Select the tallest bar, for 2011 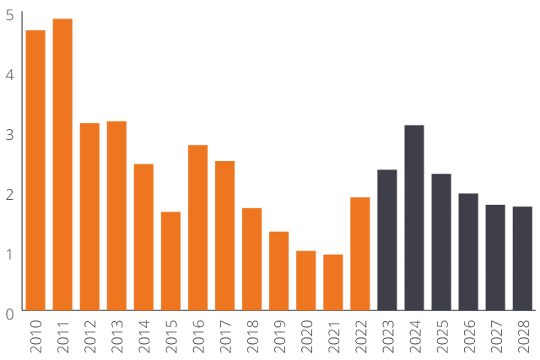(x=62, y=164)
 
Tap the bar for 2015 (x=170, y=261)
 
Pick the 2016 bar (x=197, y=228)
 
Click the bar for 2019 (x=279, y=271)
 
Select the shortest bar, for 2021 (x=333, y=282)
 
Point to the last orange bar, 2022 (x=360, y=254)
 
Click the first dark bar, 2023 (x=387, y=240)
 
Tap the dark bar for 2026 (x=468, y=252)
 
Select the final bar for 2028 (x=522, y=258)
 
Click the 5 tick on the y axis (x=9, y=15)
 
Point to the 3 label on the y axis (x=9, y=135)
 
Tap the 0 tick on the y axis (x=9, y=314)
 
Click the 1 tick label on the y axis (x=9, y=254)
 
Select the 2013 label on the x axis (x=117, y=336)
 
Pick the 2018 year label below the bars (x=252, y=336)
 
